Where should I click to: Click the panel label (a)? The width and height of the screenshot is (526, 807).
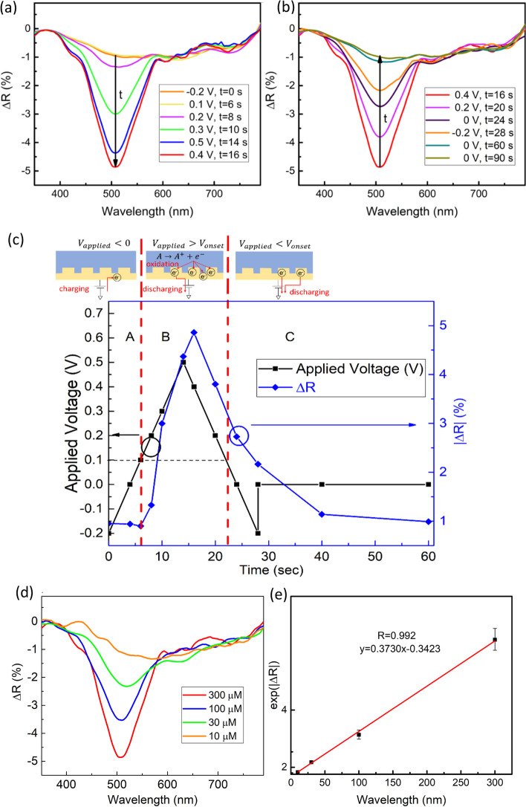[11, 9]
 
